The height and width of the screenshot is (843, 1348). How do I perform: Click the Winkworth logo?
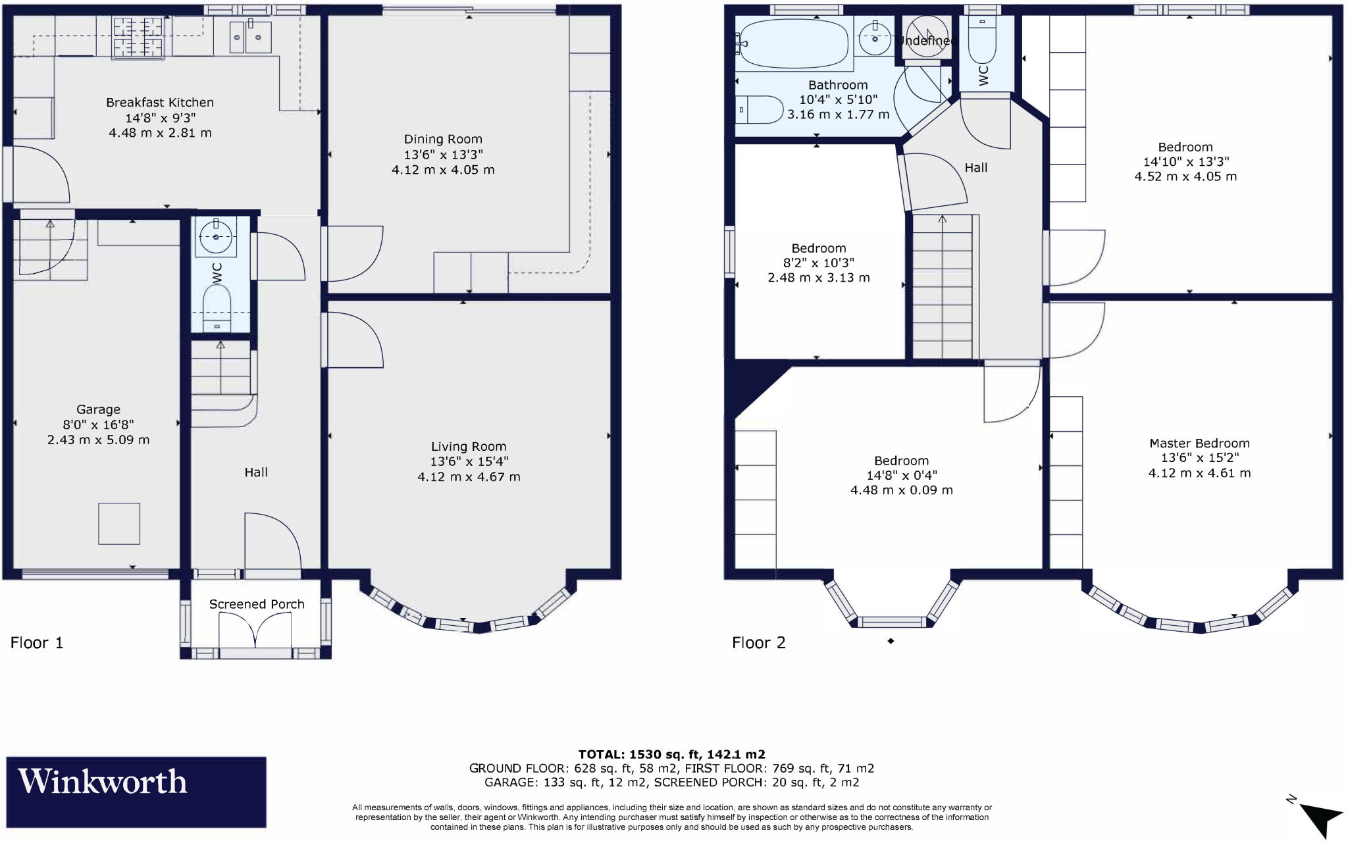tap(136, 792)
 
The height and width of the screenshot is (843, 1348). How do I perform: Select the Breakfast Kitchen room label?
tap(160, 103)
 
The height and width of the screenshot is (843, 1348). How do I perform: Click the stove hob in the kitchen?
tap(138, 37)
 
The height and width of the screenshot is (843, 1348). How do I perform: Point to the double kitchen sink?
tap(250, 36)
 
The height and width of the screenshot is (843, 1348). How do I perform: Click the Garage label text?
tap(98, 409)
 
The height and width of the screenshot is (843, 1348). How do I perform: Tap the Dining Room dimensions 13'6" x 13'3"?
tap(443, 155)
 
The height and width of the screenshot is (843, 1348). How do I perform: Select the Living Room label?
tap(469, 447)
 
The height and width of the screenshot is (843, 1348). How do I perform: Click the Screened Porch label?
tap(257, 604)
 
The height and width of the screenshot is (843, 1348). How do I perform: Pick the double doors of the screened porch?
tap(255, 630)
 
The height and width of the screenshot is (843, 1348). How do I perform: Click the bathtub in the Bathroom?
tap(793, 43)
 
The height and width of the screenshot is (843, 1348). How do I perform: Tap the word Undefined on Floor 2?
tap(925, 41)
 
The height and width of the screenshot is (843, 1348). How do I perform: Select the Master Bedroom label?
tap(1199, 444)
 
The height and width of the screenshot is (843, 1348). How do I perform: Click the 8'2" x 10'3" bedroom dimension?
tap(819, 263)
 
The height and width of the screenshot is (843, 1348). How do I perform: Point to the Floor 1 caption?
tap(37, 643)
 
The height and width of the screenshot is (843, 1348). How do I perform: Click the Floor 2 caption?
tap(758, 643)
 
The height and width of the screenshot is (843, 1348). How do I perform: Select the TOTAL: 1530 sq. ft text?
tap(671, 754)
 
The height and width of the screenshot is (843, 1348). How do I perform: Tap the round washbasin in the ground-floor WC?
tap(216, 238)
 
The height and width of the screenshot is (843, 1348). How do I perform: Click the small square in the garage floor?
tap(119, 524)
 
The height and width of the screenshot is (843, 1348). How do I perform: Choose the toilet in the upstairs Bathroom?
tap(760, 110)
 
